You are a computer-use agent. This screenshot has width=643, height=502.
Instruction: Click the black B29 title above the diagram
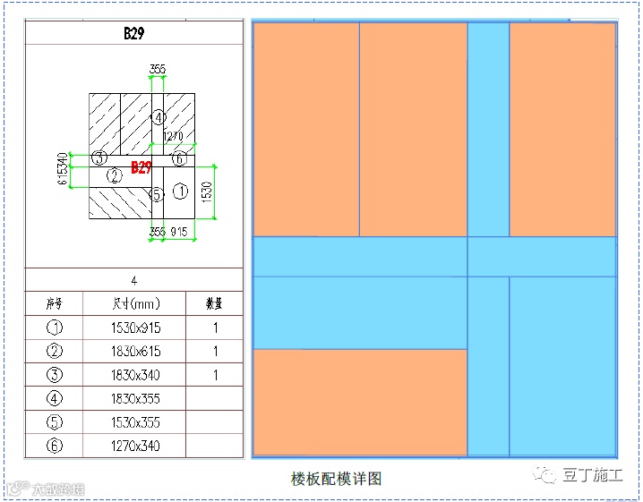134,34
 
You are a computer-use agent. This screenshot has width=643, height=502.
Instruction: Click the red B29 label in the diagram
141,167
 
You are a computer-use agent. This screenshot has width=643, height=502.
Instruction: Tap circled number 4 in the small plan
158,117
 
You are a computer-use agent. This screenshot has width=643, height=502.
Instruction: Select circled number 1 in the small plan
180,191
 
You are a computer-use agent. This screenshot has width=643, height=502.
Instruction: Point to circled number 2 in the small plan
114,176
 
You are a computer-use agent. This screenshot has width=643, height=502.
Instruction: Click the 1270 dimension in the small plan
172,136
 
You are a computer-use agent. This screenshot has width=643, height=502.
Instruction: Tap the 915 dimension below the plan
180,232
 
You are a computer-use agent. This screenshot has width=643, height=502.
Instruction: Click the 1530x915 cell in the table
134,328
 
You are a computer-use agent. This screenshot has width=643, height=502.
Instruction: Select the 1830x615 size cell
134,351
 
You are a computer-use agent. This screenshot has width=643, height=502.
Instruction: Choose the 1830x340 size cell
134,374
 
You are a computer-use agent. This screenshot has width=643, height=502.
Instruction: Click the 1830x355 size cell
134,398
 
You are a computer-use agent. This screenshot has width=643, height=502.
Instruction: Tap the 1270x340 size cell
134,445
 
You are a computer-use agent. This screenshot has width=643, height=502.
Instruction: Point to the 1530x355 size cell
134,421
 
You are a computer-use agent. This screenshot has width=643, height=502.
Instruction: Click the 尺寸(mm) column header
134,303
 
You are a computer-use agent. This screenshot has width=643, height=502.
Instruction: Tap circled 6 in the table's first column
54,445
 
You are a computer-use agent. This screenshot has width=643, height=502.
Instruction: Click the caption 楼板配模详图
336,479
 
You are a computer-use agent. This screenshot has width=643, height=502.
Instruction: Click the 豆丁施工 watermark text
592,475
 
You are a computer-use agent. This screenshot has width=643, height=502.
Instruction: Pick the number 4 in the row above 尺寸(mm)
134,280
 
